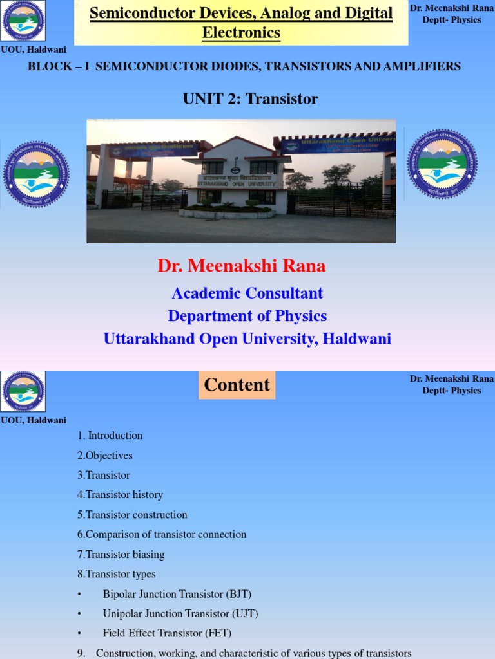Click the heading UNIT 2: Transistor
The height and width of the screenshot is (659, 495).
point(250,98)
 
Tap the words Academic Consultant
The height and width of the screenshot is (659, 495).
point(247,293)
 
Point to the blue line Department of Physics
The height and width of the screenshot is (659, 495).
point(247,316)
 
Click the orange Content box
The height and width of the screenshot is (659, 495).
point(237,385)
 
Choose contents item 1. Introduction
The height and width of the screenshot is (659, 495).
point(110,436)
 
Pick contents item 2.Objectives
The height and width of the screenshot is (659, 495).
point(104,456)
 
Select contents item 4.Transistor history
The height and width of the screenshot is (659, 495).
point(120,495)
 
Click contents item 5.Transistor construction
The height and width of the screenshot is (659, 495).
point(132,515)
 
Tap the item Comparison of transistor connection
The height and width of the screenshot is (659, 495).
point(166,534)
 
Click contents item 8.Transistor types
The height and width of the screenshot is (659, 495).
point(116,574)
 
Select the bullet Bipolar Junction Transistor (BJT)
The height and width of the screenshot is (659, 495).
point(177,594)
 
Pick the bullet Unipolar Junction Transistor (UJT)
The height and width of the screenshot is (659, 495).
point(180,614)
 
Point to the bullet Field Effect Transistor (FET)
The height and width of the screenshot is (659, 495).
point(167,633)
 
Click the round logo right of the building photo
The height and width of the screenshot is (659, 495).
point(442,163)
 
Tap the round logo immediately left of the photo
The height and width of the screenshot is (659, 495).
point(36,174)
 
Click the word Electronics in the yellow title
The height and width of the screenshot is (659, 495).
point(241,33)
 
